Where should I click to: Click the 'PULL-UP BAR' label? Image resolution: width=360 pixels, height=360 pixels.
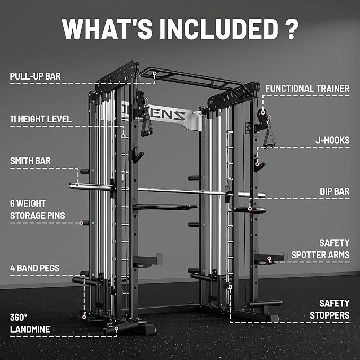pos(35,76)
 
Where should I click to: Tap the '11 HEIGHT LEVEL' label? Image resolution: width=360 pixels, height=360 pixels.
pos(40,119)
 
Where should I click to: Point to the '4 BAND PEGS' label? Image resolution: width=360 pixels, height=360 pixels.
pos(35,268)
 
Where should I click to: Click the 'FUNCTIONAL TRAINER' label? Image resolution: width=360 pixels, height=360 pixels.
pos(308,89)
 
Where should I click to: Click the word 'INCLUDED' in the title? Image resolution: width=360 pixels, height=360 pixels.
pos(209,29)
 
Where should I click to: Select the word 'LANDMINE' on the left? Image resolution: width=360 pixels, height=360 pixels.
pos(30,329)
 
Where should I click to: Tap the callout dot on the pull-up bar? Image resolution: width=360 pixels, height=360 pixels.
pos(154,74)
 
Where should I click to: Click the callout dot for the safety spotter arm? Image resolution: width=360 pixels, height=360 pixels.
pos(269,259)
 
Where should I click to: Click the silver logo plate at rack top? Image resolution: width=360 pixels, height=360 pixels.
pos(175,118)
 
